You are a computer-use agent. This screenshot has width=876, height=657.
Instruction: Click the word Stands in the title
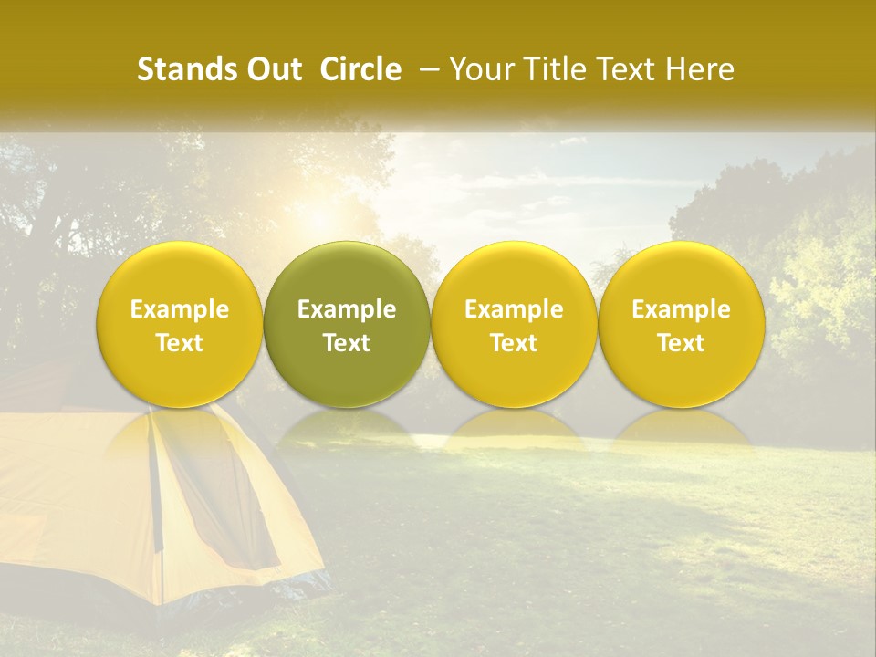pyautogui.click(x=179, y=69)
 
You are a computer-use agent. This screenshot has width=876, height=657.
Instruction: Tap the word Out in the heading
pyautogui.click(x=272, y=69)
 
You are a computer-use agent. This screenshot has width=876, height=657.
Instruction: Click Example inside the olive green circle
pyautogui.click(x=347, y=309)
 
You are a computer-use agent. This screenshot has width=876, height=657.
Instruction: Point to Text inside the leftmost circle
pyautogui.click(x=180, y=343)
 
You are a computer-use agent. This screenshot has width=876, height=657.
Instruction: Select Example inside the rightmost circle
pyautogui.click(x=682, y=309)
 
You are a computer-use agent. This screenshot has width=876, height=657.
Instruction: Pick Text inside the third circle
pyautogui.click(x=514, y=343)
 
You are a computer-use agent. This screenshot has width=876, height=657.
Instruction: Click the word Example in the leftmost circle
pyautogui.click(x=180, y=309)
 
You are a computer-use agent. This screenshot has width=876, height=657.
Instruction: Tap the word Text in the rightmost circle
pyautogui.click(x=682, y=343)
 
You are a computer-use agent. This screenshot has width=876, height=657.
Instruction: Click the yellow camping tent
pyautogui.click(x=137, y=511)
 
